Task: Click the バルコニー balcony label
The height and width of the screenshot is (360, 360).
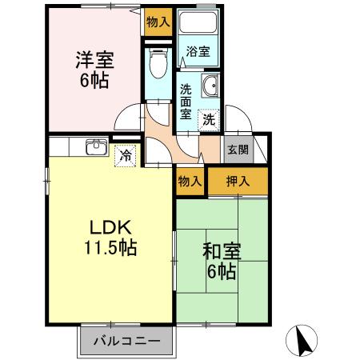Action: pyautogui.click(x=126, y=339)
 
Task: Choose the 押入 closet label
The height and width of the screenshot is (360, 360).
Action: pyautogui.click(x=238, y=182)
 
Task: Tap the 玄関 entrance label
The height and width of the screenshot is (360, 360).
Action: pyautogui.click(x=238, y=149)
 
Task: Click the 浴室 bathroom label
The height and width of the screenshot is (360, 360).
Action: pyautogui.click(x=198, y=52)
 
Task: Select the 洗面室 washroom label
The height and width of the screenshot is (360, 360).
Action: pyautogui.click(x=186, y=102)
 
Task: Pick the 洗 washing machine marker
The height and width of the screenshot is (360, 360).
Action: pyautogui.click(x=208, y=120)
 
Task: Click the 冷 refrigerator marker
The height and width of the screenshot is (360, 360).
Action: pyautogui.click(x=126, y=154)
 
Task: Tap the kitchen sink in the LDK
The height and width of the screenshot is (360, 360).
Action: pyautogui.click(x=96, y=148)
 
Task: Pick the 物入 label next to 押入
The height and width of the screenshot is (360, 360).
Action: pyautogui.click(x=189, y=182)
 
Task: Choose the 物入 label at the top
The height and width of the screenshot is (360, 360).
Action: pyautogui.click(x=158, y=22)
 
